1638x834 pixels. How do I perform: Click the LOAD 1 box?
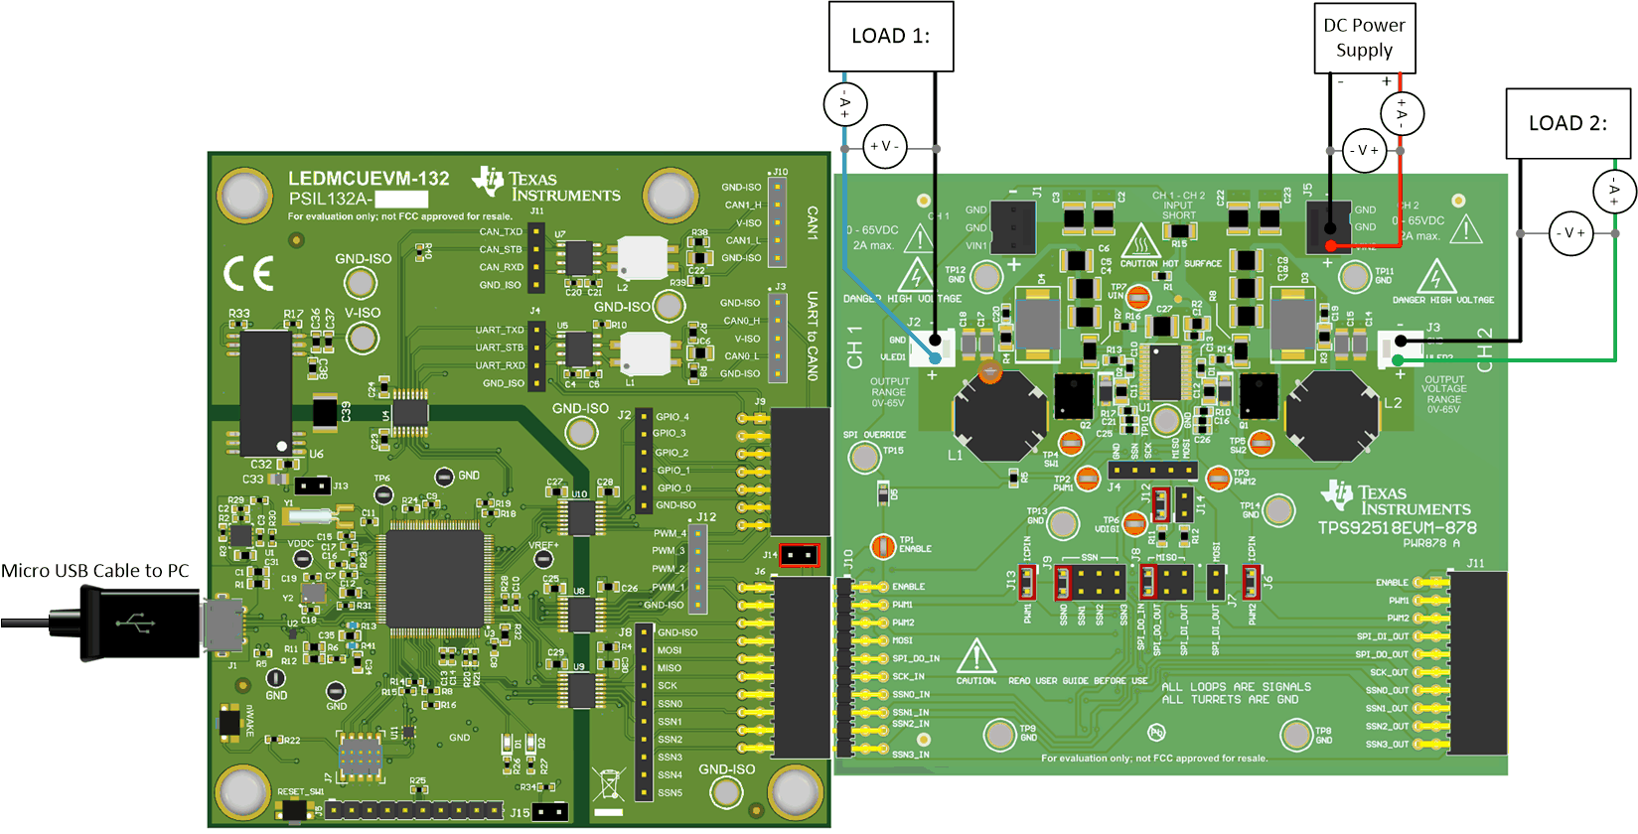(x=891, y=37)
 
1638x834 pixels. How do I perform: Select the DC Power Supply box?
(x=1364, y=38)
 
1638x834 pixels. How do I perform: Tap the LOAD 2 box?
(x=1567, y=123)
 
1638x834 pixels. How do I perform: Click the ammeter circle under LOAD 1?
(x=845, y=103)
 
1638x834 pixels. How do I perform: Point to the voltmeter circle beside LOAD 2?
(x=1570, y=233)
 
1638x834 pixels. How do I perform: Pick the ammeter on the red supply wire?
(x=1402, y=114)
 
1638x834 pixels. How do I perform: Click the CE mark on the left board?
(x=248, y=274)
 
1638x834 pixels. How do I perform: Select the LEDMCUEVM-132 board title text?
(x=369, y=179)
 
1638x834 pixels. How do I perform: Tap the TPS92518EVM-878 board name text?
(x=1397, y=527)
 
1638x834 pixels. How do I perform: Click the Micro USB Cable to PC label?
(x=94, y=571)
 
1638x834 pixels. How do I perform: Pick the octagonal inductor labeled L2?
(x=1331, y=414)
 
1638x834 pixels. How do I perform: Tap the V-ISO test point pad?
(x=362, y=339)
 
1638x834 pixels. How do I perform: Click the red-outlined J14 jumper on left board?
(x=799, y=555)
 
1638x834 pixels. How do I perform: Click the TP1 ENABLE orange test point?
(x=882, y=545)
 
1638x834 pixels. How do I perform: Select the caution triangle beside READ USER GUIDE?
(x=975, y=656)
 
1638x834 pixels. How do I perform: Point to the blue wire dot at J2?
(x=936, y=357)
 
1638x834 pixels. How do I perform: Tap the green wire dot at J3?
(x=1399, y=360)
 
